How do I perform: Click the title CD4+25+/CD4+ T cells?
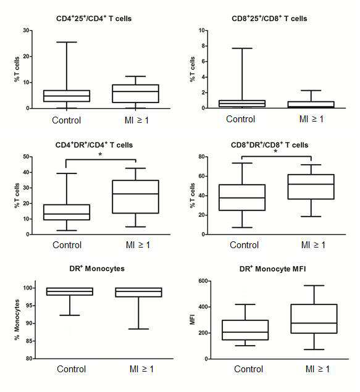[x=94, y=19]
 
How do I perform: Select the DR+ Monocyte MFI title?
[x=272, y=269]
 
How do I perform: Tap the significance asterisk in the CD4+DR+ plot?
[x=100, y=154]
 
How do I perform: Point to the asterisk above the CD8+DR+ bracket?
[x=275, y=151]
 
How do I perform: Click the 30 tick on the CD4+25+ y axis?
[x=26, y=30]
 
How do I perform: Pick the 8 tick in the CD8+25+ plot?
[x=203, y=46]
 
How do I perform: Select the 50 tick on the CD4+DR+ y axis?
[x=26, y=157]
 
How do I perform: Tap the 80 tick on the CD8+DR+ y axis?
[x=201, y=157]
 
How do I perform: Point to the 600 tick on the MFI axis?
[x=203, y=281]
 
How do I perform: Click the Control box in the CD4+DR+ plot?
[x=67, y=212]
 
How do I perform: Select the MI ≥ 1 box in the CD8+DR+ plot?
[x=311, y=187]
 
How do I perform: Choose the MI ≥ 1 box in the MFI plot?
[x=314, y=319]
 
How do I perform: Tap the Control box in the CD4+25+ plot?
[x=67, y=96]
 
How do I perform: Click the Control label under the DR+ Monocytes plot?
[x=71, y=369]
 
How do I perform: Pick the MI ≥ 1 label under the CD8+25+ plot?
[x=311, y=119]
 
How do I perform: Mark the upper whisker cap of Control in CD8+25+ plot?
[x=242, y=48]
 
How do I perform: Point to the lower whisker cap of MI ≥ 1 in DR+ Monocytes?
[x=138, y=329]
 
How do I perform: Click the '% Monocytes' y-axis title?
[x=17, y=320]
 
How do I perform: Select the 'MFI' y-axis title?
[x=192, y=320]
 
